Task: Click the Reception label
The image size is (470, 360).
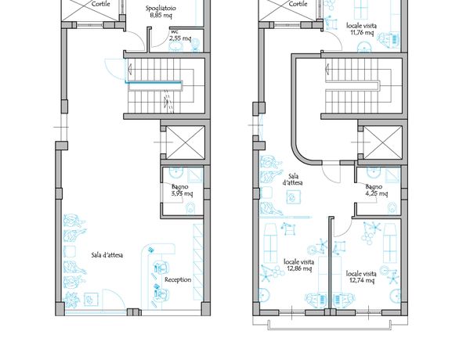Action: point(178,279)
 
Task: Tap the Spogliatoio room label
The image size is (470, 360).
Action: point(161,9)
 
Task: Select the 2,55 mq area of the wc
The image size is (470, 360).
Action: point(180,38)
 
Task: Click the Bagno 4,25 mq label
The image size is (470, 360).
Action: point(376,190)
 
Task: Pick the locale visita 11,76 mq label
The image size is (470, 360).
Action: point(361,29)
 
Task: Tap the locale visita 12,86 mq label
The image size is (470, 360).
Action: point(299,265)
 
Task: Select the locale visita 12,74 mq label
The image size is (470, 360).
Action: point(361,277)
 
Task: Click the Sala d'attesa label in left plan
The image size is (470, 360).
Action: point(107,255)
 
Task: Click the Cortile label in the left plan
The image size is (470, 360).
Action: point(101,4)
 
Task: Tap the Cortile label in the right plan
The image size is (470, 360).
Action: point(298,4)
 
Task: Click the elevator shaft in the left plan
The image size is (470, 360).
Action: point(185,142)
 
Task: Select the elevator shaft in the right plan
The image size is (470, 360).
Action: point(382,142)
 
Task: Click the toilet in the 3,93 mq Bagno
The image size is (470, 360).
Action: point(190,208)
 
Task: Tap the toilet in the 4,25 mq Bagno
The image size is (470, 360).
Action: point(392,208)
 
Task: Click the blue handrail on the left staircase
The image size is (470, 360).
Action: point(154,82)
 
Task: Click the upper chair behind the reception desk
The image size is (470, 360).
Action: point(161,267)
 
